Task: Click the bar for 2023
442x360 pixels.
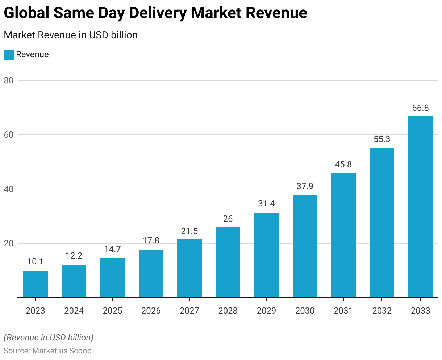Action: (36, 284)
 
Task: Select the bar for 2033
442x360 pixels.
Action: (420, 207)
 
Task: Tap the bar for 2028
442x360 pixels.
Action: (228, 262)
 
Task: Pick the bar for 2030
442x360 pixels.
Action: (305, 246)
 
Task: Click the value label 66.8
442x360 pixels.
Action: (420, 108)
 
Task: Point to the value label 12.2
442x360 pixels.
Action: (74, 256)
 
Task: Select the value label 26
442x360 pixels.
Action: (228, 219)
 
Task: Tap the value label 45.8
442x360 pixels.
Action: (343, 165)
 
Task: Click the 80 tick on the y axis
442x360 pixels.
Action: (9, 80)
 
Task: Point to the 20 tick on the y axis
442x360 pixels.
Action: (9, 243)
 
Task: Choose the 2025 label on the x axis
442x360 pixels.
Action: (112, 311)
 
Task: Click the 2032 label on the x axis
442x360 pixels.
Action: (382, 311)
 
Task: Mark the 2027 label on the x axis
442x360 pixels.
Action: (189, 311)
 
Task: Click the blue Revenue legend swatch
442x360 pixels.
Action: (9, 55)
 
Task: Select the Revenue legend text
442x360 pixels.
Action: (32, 55)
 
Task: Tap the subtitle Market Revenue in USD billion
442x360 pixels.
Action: (71, 35)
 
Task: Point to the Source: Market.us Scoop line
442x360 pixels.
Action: (47, 351)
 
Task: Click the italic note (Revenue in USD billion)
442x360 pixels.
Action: (49, 338)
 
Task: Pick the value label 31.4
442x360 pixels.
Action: (266, 204)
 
